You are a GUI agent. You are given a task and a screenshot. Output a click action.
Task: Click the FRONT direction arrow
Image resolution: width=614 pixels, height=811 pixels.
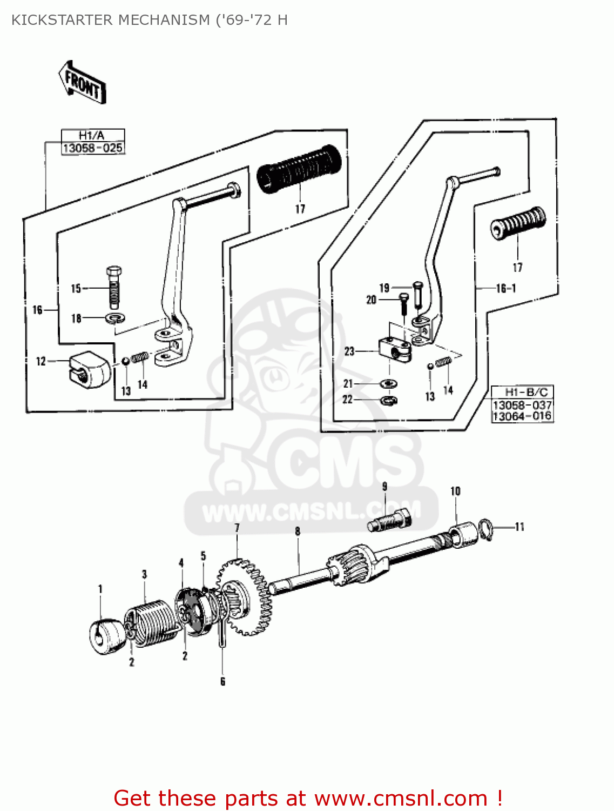[x=82, y=82]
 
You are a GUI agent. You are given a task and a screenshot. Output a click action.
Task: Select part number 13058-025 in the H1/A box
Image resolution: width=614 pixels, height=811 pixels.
[x=93, y=148]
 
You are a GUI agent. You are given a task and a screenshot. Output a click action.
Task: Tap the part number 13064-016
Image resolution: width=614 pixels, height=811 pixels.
[x=522, y=416]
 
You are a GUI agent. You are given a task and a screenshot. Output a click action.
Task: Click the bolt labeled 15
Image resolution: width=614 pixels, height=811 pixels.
[x=114, y=287]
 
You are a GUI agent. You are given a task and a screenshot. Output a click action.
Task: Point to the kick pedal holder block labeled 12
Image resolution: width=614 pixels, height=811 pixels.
[x=89, y=368]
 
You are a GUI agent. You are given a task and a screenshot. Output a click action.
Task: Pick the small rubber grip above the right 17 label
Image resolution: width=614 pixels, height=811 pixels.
[x=518, y=222]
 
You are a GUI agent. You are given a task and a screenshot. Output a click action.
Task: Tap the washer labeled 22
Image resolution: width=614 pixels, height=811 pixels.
[x=389, y=400]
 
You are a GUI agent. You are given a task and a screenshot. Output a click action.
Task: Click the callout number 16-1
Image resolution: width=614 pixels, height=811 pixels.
[x=506, y=288]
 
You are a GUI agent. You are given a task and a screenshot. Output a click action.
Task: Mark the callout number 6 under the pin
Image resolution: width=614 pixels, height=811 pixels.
[x=222, y=682]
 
